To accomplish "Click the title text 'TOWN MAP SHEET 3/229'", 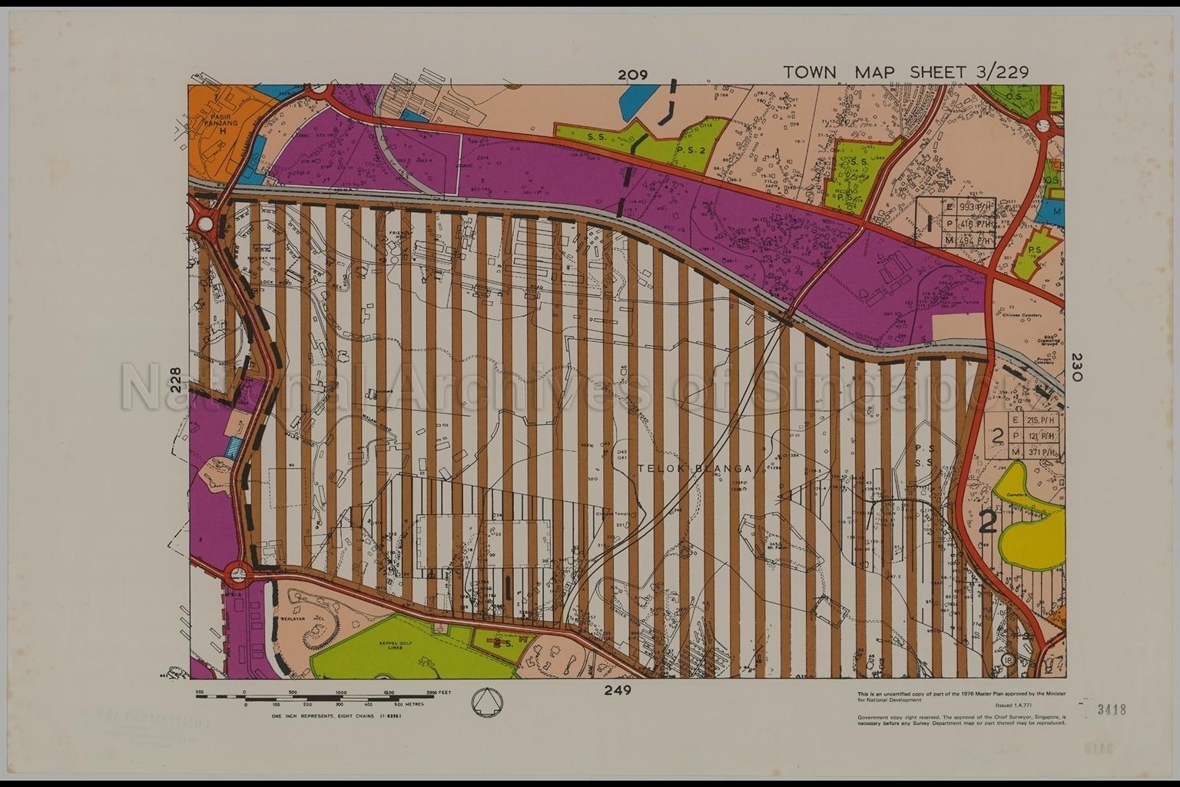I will click(905, 72).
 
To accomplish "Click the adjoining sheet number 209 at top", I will click(632, 75).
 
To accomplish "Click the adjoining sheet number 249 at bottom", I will click(617, 690).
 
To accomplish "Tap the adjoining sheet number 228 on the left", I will click(177, 380).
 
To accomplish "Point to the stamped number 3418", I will click(1112, 709).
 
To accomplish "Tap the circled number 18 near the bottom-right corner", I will click(1008, 660).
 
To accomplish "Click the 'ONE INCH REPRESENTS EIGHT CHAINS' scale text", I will click(336, 716).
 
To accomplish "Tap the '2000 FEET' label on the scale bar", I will click(439, 692).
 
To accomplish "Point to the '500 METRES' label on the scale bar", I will click(409, 704).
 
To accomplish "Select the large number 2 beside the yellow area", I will click(989, 522).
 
